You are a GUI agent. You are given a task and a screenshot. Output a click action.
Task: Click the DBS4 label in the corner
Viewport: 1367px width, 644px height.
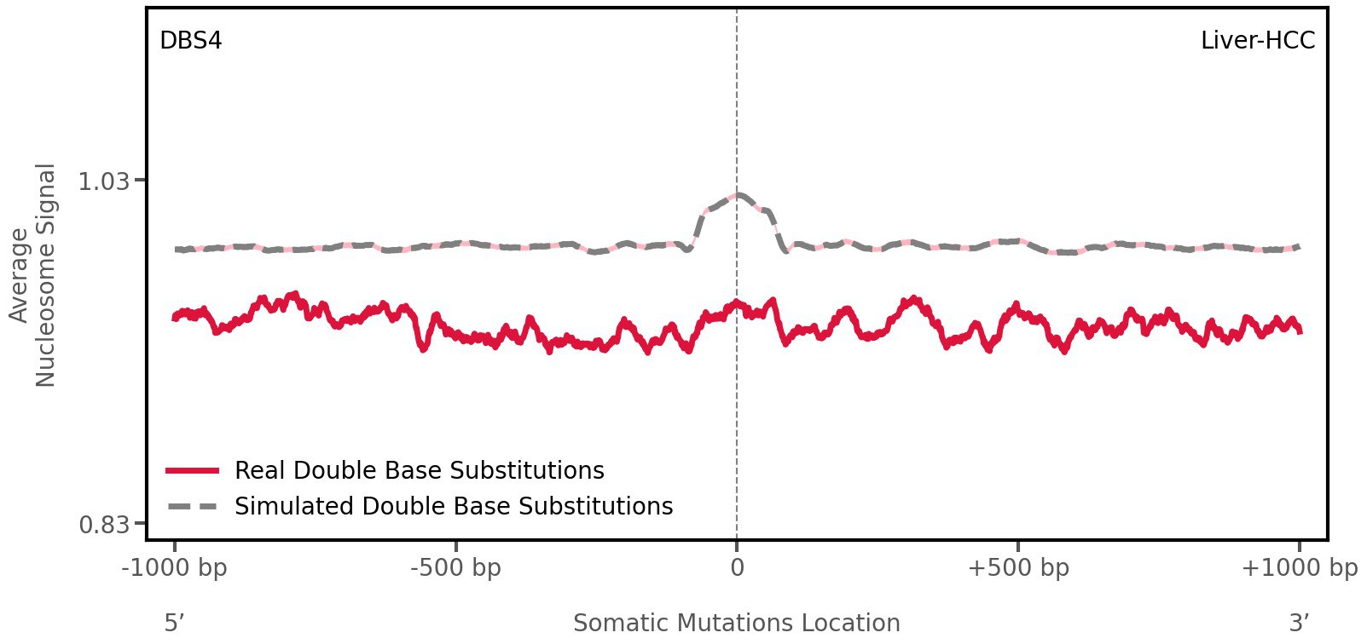coord(191,41)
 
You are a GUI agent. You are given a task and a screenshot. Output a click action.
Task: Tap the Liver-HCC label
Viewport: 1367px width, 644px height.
coord(1257,41)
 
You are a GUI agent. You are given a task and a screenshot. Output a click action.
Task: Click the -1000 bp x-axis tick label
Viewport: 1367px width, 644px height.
coord(175,568)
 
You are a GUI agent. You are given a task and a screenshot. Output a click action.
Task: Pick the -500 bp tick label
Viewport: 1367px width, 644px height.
coord(455,568)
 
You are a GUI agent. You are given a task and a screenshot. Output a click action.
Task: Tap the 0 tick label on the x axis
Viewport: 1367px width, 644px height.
coord(737,568)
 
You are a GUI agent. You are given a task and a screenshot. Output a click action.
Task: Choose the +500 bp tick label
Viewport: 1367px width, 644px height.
coord(1018,568)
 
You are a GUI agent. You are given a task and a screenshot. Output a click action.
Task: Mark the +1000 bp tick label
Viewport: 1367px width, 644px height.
coord(1299,568)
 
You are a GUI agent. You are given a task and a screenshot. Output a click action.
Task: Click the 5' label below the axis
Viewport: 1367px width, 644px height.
coord(174,623)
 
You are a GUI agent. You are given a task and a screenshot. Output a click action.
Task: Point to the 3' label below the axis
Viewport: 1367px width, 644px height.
coord(1299,623)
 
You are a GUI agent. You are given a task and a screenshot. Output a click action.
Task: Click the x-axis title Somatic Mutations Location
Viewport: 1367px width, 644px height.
coord(737,623)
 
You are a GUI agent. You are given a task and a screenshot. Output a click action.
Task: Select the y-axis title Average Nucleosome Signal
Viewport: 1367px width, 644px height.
coord(33,274)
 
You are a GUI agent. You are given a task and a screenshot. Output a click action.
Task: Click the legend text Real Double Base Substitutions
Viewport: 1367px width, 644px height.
coord(419,470)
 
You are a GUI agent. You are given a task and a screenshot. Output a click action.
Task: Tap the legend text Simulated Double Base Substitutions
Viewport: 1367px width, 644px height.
coord(454,506)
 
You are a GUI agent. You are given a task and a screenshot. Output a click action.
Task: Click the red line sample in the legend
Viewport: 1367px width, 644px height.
coord(194,470)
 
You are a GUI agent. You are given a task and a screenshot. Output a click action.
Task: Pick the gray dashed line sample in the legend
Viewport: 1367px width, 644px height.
coord(194,506)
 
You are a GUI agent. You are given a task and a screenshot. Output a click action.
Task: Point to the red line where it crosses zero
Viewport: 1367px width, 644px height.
coord(737,303)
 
